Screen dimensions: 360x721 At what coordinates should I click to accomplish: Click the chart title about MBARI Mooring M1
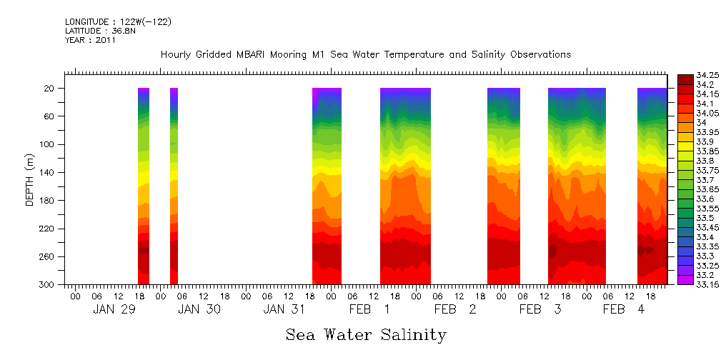coord(366,55)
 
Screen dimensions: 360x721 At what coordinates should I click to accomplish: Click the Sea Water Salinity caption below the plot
coord(366,335)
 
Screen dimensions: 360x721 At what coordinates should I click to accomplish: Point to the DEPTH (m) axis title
coord(30,184)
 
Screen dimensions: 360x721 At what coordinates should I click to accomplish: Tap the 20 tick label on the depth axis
coord(50,89)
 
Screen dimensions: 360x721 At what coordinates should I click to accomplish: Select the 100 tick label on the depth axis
coord(48,144)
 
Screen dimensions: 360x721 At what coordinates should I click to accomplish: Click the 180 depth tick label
coord(48,201)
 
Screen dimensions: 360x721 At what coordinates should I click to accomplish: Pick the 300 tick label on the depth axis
coord(48,285)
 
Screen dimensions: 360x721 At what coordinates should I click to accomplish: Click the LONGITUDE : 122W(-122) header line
coord(118,22)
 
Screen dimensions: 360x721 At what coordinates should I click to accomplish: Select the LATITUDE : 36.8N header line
coord(98,31)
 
